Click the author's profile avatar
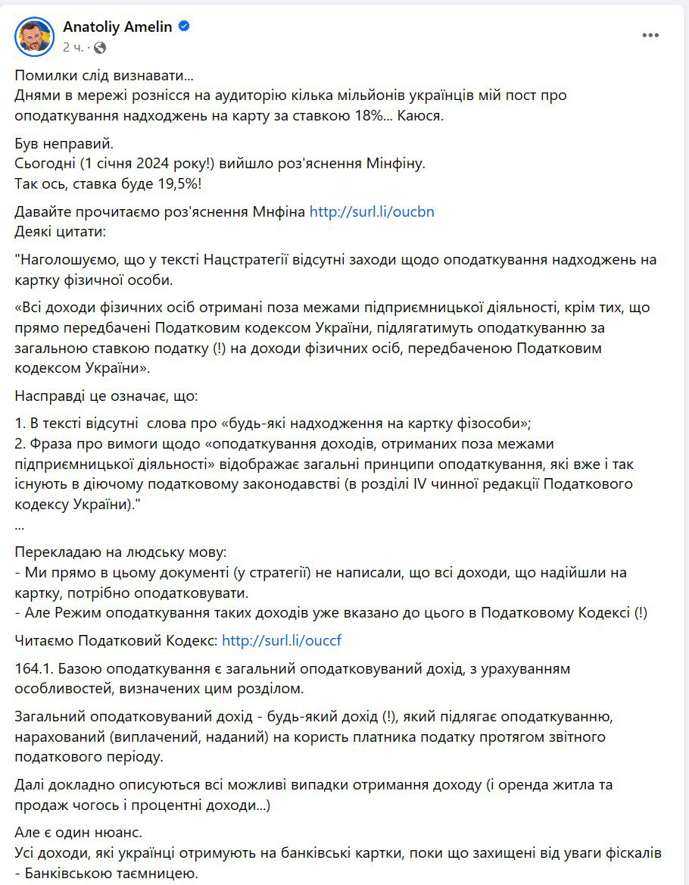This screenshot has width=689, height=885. click(x=34, y=36)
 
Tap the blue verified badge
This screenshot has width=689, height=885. click(x=184, y=27)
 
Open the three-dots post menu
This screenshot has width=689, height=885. click(x=650, y=36)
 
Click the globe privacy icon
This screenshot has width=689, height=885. click(x=100, y=47)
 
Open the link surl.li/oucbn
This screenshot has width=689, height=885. click(x=372, y=212)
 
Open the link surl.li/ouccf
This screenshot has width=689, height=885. click(x=282, y=640)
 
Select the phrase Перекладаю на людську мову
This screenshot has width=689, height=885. click(x=120, y=553)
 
